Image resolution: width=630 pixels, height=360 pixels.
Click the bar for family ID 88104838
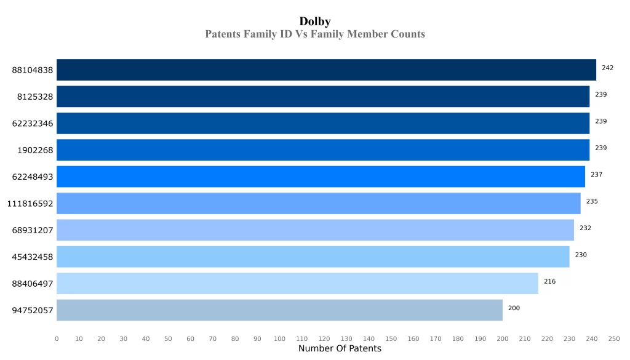[x=326, y=70]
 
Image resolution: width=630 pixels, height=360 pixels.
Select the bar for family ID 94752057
[x=279, y=310]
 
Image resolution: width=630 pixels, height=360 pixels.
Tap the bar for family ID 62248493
[x=321, y=177]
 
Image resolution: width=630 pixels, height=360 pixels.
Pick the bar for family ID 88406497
[x=297, y=284]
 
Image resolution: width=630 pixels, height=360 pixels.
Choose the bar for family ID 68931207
[x=315, y=230]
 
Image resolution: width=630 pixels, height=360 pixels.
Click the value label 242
[x=607, y=68]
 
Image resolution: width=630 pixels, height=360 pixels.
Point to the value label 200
[x=514, y=308]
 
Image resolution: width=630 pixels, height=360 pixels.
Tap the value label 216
[x=549, y=281]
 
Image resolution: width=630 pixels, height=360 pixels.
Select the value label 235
[x=592, y=201]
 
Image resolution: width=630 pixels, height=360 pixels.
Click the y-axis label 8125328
[x=35, y=97]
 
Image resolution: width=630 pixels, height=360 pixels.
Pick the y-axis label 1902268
[x=35, y=150]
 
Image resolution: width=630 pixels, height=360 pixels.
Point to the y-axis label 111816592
[x=30, y=204]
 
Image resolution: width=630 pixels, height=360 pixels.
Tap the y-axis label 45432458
[x=33, y=257]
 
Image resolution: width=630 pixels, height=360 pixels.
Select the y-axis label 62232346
[x=33, y=124]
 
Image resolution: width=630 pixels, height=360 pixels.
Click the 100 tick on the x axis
[x=279, y=339]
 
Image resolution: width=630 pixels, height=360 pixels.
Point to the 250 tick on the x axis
[x=613, y=339]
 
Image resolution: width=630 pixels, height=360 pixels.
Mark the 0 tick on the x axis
[x=57, y=339]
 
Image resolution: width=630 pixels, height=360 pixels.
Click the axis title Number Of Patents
[x=340, y=349]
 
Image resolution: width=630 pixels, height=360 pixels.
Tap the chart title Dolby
[x=315, y=22]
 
